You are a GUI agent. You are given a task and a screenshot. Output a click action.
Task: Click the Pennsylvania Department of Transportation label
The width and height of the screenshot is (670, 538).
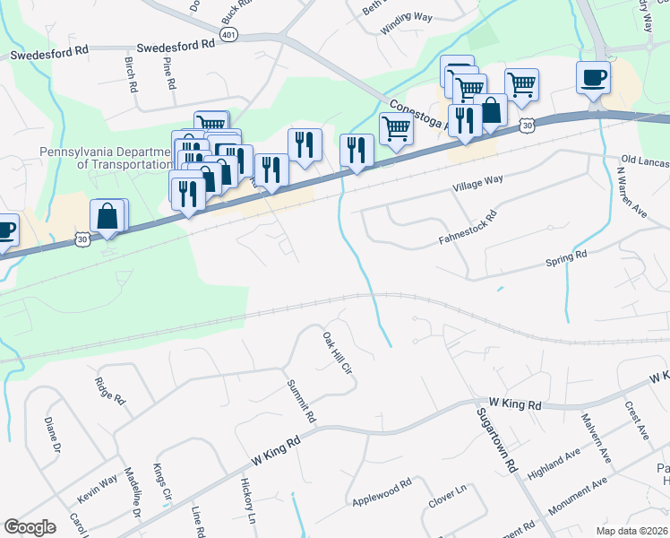(105, 158)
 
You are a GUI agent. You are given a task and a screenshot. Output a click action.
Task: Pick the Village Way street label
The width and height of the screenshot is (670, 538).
(477, 184)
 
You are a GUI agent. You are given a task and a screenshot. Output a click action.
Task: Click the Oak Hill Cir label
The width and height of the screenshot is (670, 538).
(336, 354)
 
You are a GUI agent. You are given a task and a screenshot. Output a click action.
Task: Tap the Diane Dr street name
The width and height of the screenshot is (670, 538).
(53, 434)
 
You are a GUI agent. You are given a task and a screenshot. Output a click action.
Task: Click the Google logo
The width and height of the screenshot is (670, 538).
(30, 526)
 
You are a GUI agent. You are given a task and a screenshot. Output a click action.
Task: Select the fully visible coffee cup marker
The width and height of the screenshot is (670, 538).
(592, 79)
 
